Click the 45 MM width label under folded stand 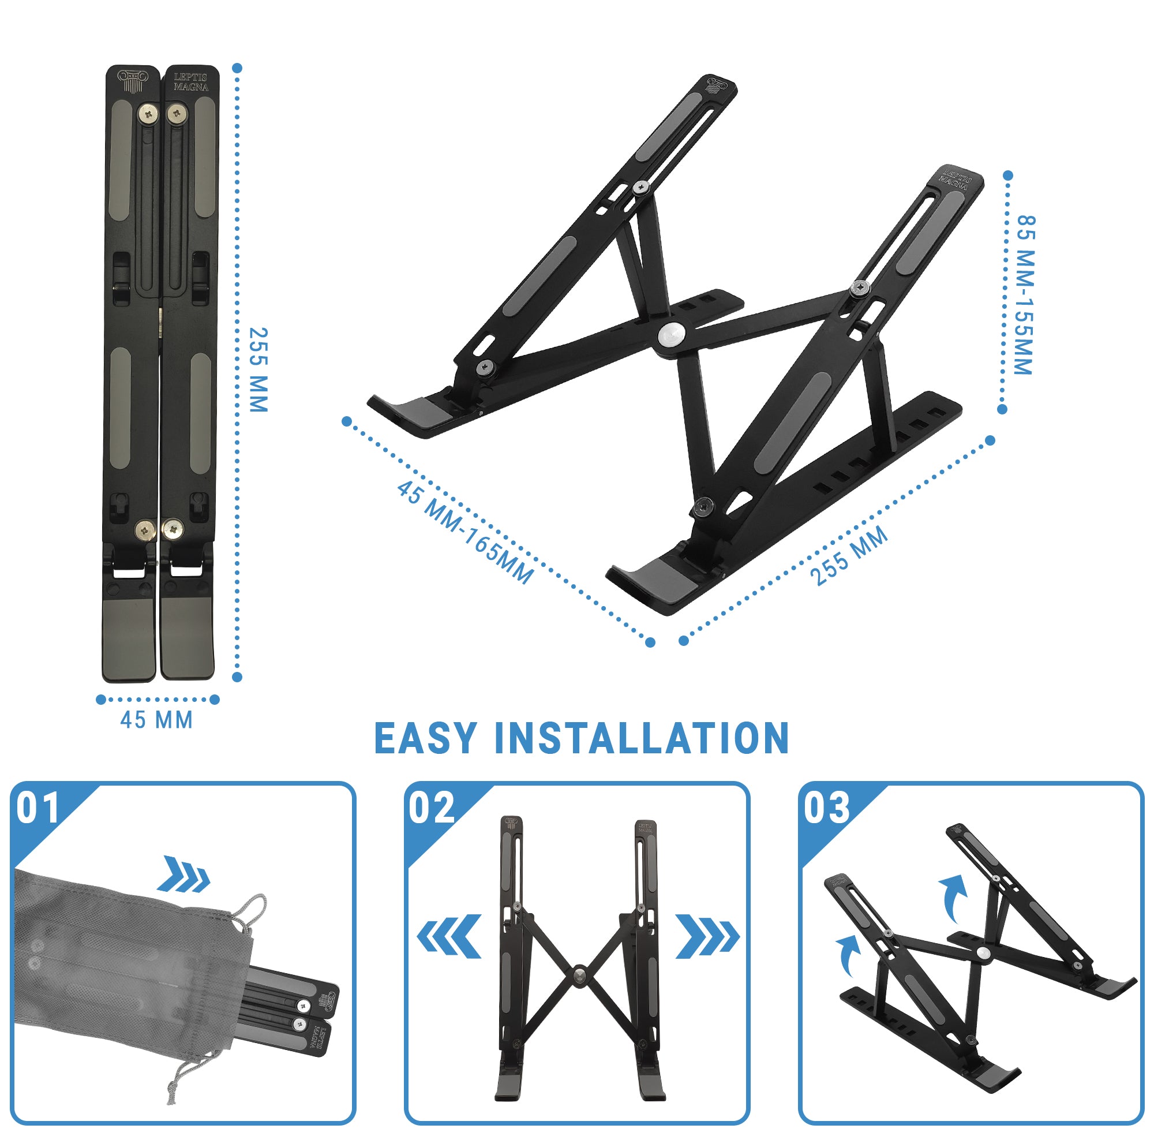point(156,720)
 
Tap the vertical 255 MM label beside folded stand point(258,369)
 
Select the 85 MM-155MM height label point(1024,295)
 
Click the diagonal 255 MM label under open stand point(848,555)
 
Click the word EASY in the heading point(425,739)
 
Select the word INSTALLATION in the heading point(642,739)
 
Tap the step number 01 point(38,809)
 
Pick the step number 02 point(431,809)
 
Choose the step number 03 point(826,809)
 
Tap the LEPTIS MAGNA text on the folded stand point(191,83)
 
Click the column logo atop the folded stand point(132,81)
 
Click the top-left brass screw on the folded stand point(148,113)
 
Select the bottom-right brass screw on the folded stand point(173,528)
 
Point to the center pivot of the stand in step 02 point(579,975)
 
